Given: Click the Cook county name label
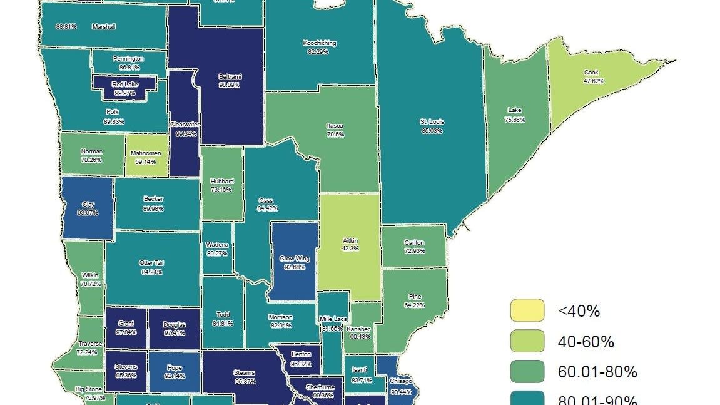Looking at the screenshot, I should [591, 73].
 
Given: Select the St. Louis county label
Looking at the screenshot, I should [432, 122].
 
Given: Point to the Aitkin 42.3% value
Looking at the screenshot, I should [350, 249].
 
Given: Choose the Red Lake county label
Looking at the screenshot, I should [125, 84].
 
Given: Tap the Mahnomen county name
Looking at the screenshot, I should [146, 153].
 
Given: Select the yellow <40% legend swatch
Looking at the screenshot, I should [527, 310].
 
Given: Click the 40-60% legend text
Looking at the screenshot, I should [586, 342].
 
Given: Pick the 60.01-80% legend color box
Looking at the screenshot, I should [527, 372].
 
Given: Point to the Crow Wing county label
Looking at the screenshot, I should [293, 258].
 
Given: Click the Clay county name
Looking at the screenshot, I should [88, 204].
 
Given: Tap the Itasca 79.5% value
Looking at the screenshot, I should [334, 133].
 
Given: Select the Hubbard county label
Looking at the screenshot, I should [222, 182].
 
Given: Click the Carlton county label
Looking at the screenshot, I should [414, 243].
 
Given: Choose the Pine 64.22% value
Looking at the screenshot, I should [414, 305].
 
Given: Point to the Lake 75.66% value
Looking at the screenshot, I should [515, 119].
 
